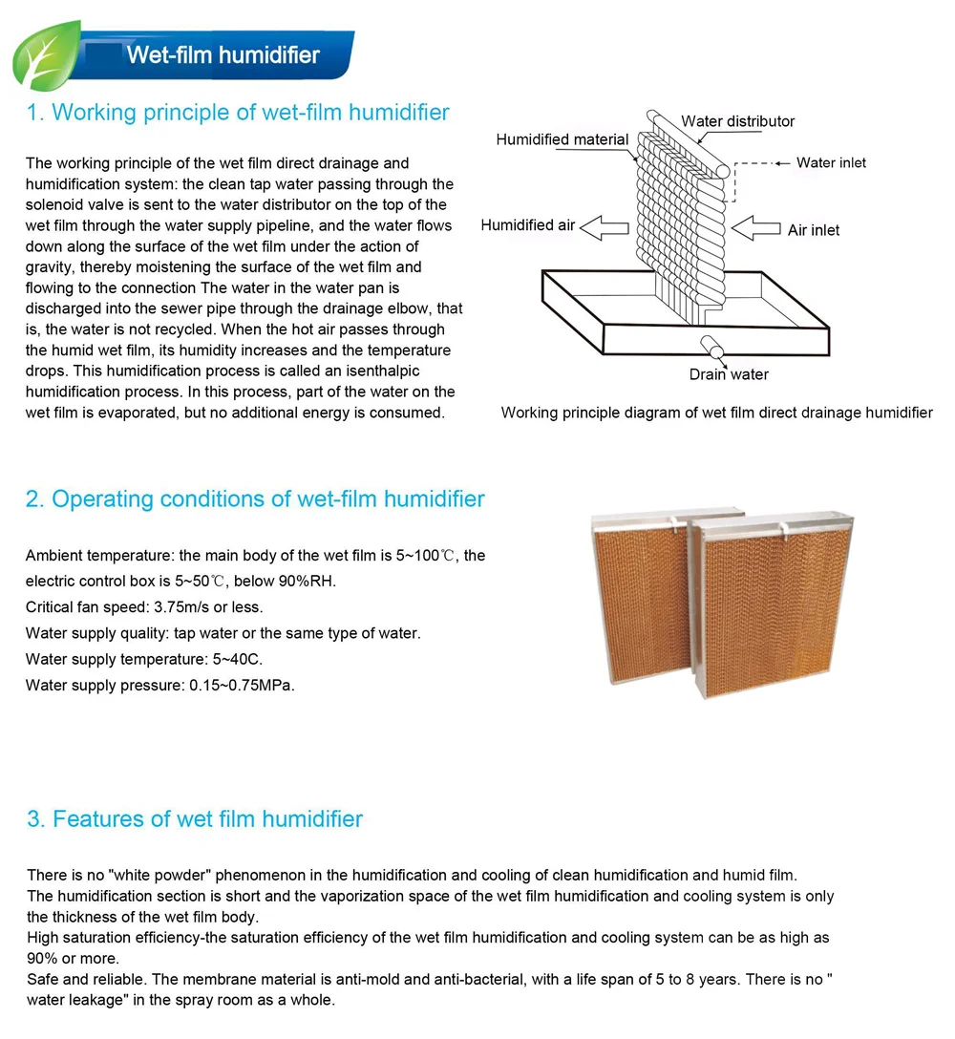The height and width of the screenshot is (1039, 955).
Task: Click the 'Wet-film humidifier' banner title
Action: (223, 54)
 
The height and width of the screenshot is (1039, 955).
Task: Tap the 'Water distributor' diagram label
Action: (737, 121)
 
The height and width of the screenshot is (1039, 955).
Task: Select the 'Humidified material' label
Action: (562, 140)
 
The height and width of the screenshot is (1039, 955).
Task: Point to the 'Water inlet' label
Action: (831, 163)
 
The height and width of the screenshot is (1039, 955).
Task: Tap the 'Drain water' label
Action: (729, 374)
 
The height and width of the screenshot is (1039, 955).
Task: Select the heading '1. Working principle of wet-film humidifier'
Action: (238, 113)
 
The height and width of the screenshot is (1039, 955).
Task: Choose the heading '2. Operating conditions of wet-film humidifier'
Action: (255, 499)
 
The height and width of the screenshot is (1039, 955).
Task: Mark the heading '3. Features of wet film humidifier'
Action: (195, 819)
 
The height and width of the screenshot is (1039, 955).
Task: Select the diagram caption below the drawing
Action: (716, 413)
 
